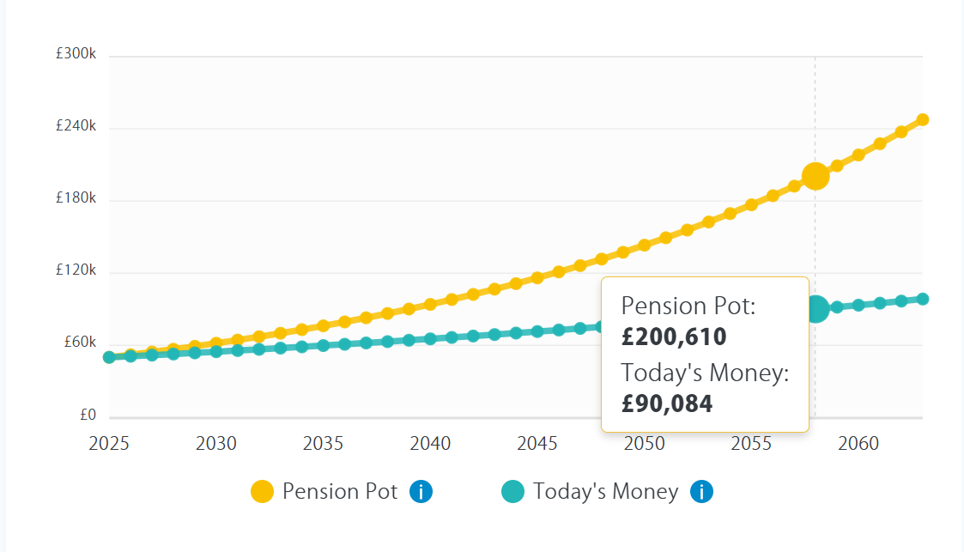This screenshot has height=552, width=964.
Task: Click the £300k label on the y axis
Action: coord(76,54)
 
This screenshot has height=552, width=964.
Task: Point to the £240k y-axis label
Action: coord(76,126)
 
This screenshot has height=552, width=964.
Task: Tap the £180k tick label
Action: coord(76,198)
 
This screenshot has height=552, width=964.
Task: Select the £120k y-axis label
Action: coord(76,270)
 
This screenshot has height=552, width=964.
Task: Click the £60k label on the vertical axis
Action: coord(79,343)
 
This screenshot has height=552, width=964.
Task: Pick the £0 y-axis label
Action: coord(88,415)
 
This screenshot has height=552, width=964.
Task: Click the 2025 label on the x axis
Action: coord(109,443)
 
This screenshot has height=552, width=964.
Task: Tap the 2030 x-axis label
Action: coord(216,443)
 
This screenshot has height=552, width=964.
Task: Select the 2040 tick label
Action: coord(430,443)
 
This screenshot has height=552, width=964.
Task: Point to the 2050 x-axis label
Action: coord(645,443)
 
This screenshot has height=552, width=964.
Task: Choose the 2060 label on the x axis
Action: coord(858,443)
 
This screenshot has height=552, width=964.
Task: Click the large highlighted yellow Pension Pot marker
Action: coord(815,176)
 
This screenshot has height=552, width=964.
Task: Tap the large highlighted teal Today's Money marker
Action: coord(816,308)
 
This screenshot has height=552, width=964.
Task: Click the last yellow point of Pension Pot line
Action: coord(923,119)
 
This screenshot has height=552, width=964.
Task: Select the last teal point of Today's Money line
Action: coord(923,299)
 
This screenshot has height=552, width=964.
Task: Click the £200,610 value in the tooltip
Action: coord(674,337)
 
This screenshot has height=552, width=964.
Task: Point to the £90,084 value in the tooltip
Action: coord(667,403)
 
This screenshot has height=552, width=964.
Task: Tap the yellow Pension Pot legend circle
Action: coord(262,492)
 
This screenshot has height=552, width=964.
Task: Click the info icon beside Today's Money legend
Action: coord(701,492)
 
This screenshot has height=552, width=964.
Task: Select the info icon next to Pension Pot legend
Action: coord(421,492)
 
